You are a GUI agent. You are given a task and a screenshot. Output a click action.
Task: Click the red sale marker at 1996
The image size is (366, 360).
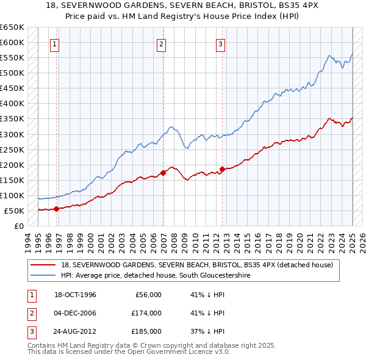(x=56, y=209)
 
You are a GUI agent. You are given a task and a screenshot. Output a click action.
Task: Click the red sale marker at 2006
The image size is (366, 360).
(x=163, y=173)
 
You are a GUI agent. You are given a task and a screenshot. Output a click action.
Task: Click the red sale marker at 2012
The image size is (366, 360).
(x=223, y=169)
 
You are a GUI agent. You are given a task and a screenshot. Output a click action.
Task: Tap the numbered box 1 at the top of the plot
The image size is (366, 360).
(x=55, y=43)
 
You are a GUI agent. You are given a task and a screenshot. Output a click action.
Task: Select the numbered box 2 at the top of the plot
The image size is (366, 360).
(x=161, y=43)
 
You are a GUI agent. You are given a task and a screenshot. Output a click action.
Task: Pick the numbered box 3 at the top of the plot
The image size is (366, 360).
(x=220, y=43)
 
